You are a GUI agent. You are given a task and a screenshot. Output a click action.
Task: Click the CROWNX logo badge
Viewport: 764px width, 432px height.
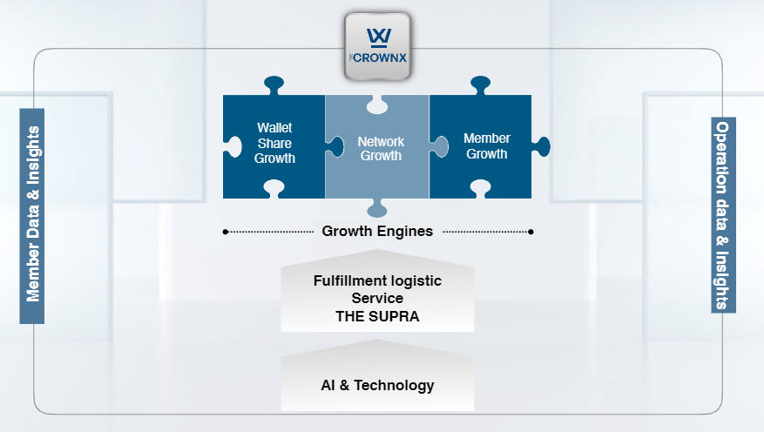point(377,47)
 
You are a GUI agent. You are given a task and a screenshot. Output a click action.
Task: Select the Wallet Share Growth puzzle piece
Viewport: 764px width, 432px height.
point(274,146)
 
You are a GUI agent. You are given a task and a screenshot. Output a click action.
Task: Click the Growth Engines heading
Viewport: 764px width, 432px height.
point(377,231)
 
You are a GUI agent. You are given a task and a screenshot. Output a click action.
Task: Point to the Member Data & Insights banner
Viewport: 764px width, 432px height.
point(32,216)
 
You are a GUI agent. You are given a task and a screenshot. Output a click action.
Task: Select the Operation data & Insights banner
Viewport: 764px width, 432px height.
point(723,215)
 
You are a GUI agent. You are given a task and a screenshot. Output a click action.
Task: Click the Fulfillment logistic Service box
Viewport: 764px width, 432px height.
point(377,291)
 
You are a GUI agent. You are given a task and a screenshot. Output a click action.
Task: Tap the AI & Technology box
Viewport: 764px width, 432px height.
point(377,376)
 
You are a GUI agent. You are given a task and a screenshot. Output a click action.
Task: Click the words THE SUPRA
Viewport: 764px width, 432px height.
point(377,316)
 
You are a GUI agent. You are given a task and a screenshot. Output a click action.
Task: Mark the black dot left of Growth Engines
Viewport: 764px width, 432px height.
point(226,232)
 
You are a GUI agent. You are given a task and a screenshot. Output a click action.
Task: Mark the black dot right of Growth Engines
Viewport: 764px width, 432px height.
point(531,232)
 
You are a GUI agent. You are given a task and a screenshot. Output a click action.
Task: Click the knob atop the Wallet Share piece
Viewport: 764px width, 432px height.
point(274,84)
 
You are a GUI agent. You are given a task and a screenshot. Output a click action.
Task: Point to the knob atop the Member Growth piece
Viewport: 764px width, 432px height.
point(480,84)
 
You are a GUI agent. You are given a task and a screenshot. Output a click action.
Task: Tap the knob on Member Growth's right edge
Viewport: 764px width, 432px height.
point(541,146)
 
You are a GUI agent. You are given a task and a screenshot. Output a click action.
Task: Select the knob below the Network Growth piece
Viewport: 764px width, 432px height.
point(377,208)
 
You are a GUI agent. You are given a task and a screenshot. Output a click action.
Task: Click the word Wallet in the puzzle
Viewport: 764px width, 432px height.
point(274,128)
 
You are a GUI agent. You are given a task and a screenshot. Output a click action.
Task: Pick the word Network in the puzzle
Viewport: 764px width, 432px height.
point(381,142)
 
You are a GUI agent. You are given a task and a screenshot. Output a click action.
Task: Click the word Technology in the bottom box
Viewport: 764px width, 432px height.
point(394,386)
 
